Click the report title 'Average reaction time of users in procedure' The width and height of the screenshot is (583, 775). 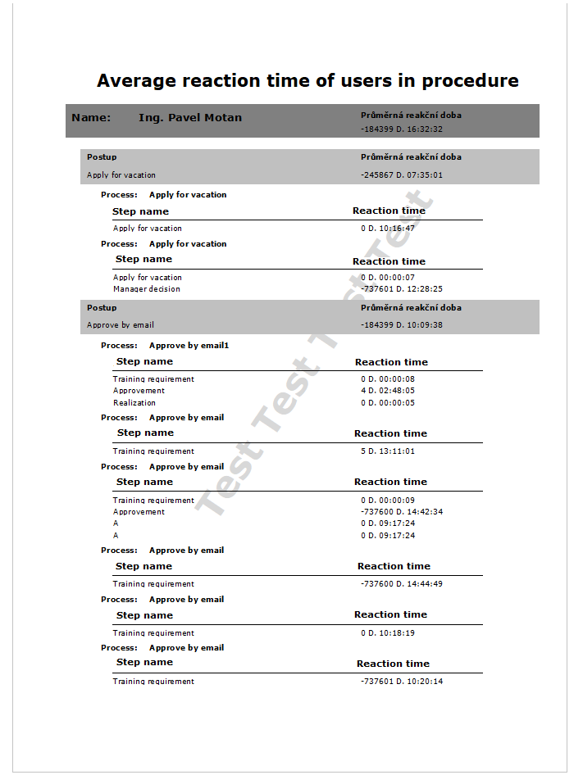coord(307,80)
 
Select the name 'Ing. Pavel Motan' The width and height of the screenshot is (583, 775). coord(190,118)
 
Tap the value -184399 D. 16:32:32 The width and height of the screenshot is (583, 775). coord(402,129)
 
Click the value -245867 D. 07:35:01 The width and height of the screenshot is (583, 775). coord(402,175)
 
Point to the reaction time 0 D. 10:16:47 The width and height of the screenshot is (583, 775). coord(388,229)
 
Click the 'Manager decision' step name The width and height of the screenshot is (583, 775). coord(147,289)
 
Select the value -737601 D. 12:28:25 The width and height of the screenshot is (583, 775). coord(402,289)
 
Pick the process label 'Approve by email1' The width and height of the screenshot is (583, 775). coord(189,346)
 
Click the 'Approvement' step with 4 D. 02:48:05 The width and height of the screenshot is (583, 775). coord(139,391)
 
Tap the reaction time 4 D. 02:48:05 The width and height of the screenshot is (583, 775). coord(388,391)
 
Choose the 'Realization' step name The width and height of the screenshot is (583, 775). coord(134,403)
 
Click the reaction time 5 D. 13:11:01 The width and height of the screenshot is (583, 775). coord(388,451)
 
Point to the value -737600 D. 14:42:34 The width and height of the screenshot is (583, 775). coord(402,512)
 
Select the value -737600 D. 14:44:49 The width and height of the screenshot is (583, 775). coord(402,584)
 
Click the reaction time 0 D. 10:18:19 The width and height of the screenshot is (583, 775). coord(388,633)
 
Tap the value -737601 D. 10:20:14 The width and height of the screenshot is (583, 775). coord(402,682)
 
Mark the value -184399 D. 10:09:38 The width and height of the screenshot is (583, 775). coord(402,325)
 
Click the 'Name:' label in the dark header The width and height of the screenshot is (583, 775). coord(91,118)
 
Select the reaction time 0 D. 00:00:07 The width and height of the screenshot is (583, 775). coord(388,278)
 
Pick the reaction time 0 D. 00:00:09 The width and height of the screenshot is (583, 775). coord(388,501)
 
